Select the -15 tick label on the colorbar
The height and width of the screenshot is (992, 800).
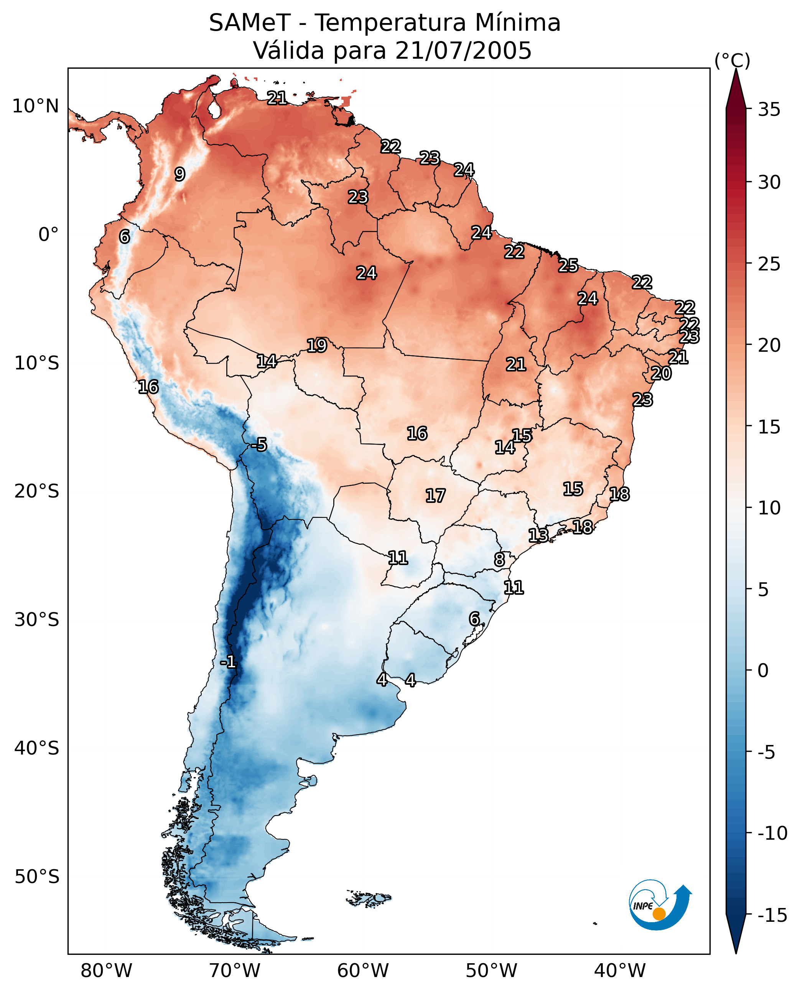pos(772,916)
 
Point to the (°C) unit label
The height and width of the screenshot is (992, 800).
pos(732,60)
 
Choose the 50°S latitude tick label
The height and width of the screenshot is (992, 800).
pos(37,876)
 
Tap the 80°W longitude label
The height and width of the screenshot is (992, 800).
pos(107,971)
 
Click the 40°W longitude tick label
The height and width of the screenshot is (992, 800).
pos(620,971)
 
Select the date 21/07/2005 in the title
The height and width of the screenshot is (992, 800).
pos(463,50)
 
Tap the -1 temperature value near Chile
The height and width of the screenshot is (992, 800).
pos(228,662)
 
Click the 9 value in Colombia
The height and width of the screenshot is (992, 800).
pos(180,174)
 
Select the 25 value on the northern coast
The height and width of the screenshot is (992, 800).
pos(568,265)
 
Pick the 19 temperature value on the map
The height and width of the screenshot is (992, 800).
pos(317,345)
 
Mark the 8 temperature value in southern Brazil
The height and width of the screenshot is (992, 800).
pos(500,560)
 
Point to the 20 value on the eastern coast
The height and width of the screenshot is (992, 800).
pos(661,373)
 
